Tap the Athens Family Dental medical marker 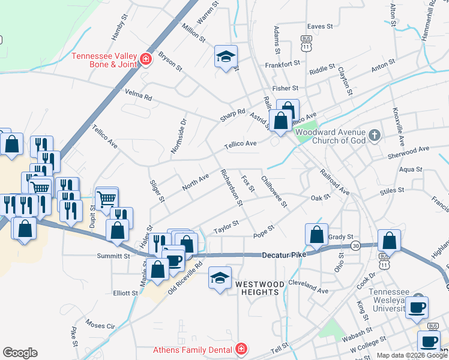(x=241, y=349)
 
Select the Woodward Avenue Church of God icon (x=375, y=134)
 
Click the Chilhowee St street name (x=274, y=191)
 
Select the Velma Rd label (x=139, y=95)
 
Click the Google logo (x=20, y=353)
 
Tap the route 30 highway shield (x=357, y=246)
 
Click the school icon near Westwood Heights (x=219, y=278)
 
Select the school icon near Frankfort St (x=226, y=57)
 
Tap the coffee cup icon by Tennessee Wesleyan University (x=417, y=308)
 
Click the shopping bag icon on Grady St (x=316, y=235)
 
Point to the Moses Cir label (x=100, y=326)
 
